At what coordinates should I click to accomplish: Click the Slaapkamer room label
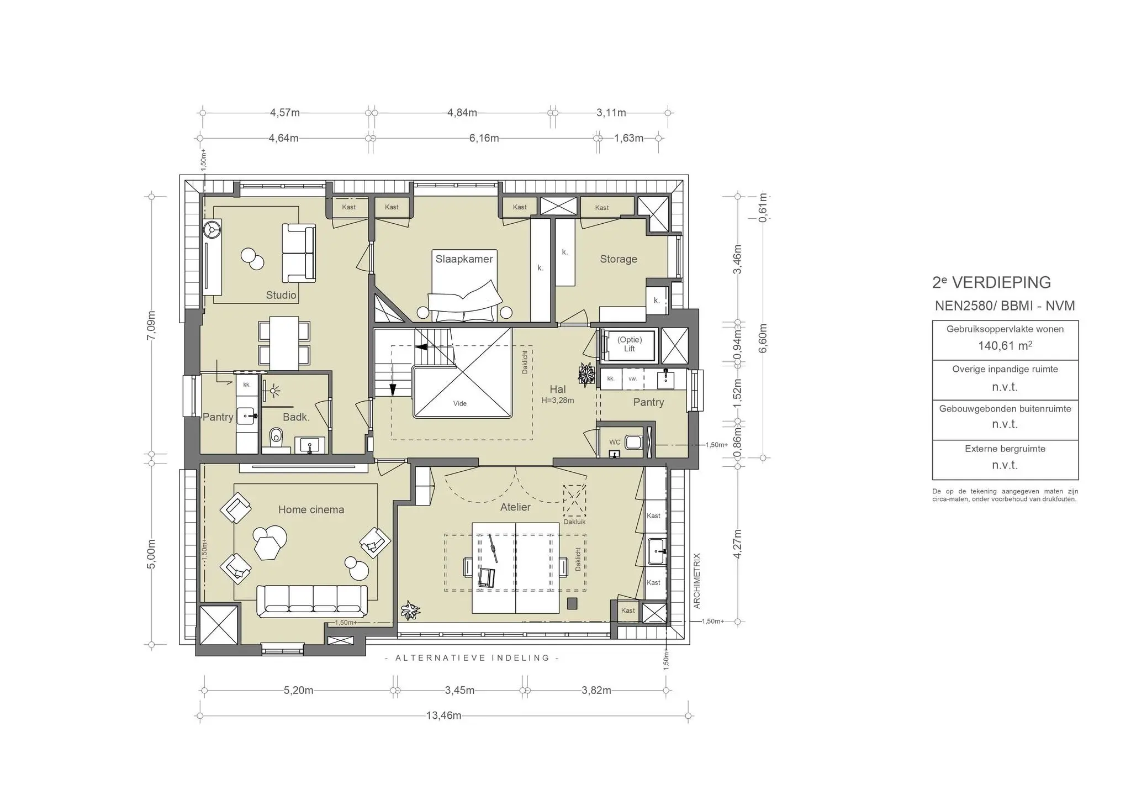pyautogui.click(x=464, y=259)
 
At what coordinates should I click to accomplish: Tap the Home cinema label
pyautogui.click(x=311, y=509)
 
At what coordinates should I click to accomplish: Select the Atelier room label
pyautogui.click(x=515, y=507)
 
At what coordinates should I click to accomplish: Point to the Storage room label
pyautogui.click(x=619, y=259)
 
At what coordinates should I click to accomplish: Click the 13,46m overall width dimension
pyautogui.click(x=443, y=715)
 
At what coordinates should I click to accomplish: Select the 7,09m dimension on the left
pyautogui.click(x=151, y=326)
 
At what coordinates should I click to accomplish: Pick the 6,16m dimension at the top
pyautogui.click(x=484, y=138)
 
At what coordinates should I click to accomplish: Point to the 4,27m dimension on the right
pyautogui.click(x=737, y=544)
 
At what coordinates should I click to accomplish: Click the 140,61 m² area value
pyautogui.click(x=1005, y=346)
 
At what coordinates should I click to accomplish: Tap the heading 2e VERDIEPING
pyautogui.click(x=991, y=282)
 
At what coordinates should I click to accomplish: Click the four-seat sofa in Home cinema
pyautogui.click(x=312, y=601)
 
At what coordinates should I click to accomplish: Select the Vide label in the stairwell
pyautogui.click(x=460, y=403)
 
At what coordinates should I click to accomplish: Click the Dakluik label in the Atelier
pyautogui.click(x=574, y=522)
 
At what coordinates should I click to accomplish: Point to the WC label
pyautogui.click(x=615, y=443)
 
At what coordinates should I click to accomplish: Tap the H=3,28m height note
pyautogui.click(x=558, y=401)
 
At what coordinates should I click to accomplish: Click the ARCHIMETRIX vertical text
pyautogui.click(x=697, y=581)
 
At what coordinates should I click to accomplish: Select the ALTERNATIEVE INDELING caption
pyautogui.click(x=472, y=658)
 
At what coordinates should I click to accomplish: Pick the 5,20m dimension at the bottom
pyautogui.click(x=298, y=691)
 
